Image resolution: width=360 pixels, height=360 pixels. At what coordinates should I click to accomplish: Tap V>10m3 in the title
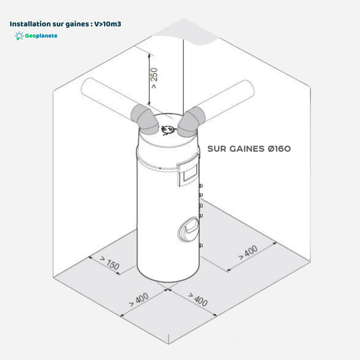pyautogui.click(x=108, y=24)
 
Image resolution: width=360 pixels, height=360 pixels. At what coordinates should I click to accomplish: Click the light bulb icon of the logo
pyautogui.click(x=19, y=36)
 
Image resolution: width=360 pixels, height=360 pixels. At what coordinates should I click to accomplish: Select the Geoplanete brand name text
pyautogui.click(x=41, y=36)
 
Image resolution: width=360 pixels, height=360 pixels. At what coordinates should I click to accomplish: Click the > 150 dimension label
pyautogui.click(x=110, y=263)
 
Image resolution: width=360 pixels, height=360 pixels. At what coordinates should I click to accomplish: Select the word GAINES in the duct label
pyautogui.click(x=247, y=149)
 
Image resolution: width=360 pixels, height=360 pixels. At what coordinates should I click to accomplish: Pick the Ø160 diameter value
pyautogui.click(x=279, y=149)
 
